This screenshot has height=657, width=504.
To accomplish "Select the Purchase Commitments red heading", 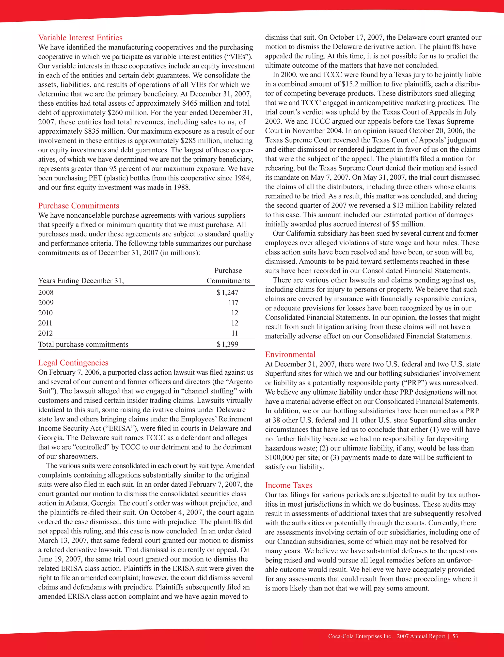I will click(78, 206).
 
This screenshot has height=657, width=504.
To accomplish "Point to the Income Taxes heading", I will click(288, 485).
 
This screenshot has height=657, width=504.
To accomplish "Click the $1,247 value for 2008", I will click(227, 292).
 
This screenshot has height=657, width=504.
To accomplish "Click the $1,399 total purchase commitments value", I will click(227, 344).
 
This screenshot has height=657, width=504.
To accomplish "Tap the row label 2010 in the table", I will click(45, 313).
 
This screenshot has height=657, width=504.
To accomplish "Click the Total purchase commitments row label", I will click(83, 344).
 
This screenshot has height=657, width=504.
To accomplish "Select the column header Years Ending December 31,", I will click(81, 281).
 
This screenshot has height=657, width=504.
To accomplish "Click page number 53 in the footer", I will click(455, 636).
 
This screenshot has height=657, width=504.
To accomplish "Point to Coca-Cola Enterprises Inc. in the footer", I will click(360, 636).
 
